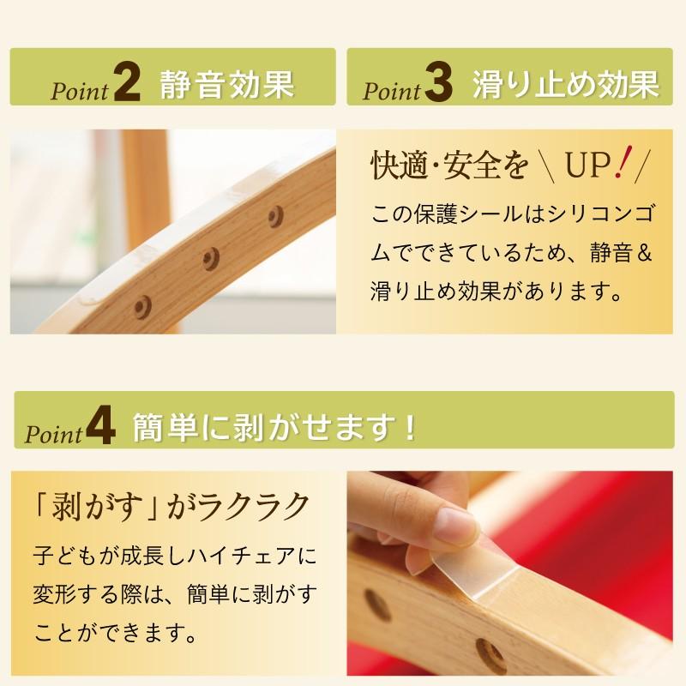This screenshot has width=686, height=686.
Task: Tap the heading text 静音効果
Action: pyautogui.click(x=226, y=84)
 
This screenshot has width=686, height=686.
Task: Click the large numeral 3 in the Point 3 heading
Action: pyautogui.click(x=437, y=84)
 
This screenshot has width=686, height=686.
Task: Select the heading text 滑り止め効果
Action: pyautogui.click(x=566, y=84)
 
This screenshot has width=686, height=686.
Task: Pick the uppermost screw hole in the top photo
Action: pyautogui.click(x=275, y=212)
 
